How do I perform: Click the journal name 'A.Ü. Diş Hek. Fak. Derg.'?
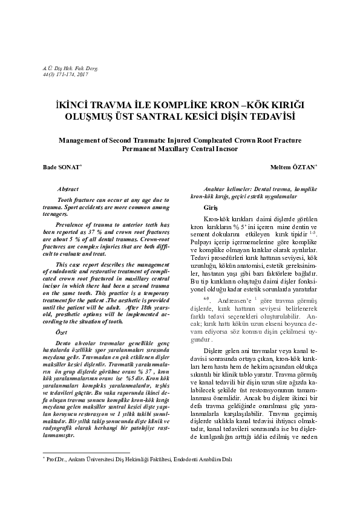click(x=64, y=70)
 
